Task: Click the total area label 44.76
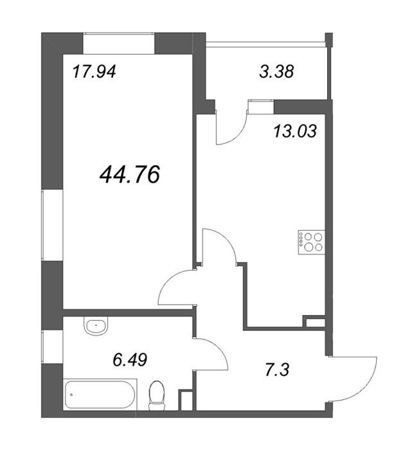(x=129, y=175)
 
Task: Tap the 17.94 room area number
(x=94, y=71)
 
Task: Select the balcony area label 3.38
(x=276, y=71)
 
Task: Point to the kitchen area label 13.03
(x=295, y=131)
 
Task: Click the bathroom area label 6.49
(x=130, y=360)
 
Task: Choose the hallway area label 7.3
(x=277, y=370)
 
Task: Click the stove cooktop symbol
(x=312, y=242)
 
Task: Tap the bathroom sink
(x=96, y=326)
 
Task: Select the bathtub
(x=100, y=394)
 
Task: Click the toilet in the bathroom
(x=157, y=396)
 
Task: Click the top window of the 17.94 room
(x=119, y=43)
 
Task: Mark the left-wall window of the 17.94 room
(x=52, y=225)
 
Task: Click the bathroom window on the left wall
(x=52, y=346)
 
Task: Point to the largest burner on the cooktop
(x=309, y=247)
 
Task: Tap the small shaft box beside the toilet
(x=184, y=400)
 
